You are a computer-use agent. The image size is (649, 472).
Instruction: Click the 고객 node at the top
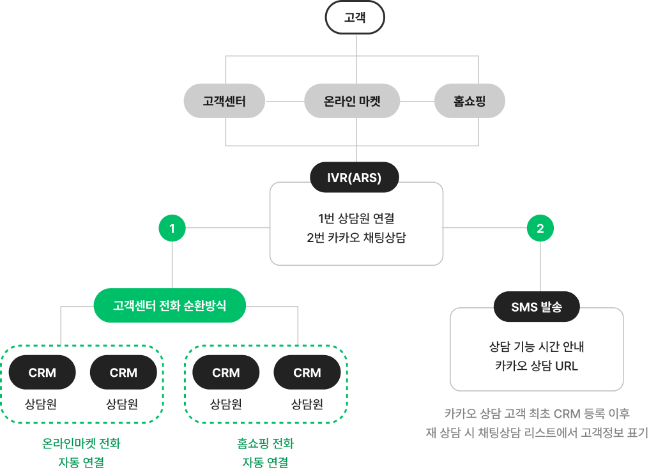[x=355, y=17]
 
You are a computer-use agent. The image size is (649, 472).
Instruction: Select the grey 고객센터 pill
[x=224, y=101]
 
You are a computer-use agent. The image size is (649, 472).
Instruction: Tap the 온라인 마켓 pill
[x=352, y=101]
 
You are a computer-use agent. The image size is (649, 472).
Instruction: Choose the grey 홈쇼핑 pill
[x=470, y=101]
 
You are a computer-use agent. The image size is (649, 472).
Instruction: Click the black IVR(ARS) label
[x=354, y=178]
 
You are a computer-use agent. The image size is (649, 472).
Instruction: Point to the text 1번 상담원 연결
[x=356, y=218]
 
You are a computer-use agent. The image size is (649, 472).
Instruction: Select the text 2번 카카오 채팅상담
[x=356, y=238]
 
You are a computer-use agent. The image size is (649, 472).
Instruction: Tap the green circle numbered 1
[x=172, y=228]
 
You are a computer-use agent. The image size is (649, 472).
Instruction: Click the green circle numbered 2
[x=540, y=228]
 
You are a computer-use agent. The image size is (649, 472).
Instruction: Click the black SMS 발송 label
[x=537, y=307]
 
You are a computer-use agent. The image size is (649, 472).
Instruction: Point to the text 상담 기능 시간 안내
[x=537, y=347]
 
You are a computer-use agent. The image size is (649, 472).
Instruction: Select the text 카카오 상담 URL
[x=537, y=367]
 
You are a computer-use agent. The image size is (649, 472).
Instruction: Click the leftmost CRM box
[x=43, y=372]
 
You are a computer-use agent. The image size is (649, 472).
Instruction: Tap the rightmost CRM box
[x=307, y=372]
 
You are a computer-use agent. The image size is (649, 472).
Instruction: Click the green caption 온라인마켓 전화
[x=80, y=443]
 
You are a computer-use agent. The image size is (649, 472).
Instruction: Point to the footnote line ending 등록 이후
[x=537, y=413]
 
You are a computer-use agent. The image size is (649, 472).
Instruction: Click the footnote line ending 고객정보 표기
[x=537, y=432]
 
